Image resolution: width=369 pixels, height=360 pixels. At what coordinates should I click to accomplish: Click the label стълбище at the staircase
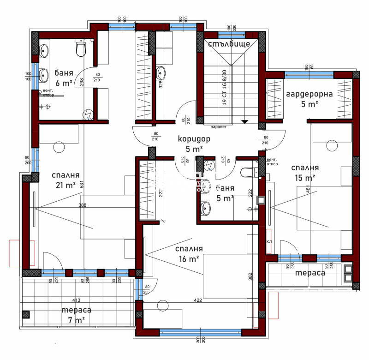[x=228, y=44]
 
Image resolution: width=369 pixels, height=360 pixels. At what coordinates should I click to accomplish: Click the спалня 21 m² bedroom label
[x=65, y=180]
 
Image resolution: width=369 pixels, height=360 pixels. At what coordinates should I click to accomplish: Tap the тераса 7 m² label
[x=77, y=315]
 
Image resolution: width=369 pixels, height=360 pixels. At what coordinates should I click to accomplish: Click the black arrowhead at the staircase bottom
[x=245, y=122]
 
